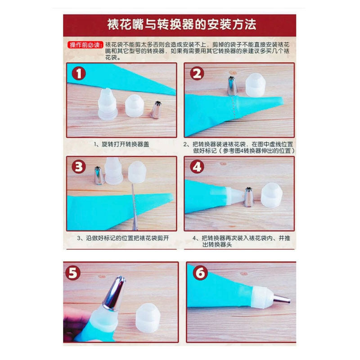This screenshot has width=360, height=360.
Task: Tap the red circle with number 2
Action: [197, 74]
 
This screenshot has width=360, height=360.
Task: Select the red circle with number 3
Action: [78, 167]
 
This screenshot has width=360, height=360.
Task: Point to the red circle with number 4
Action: [197, 167]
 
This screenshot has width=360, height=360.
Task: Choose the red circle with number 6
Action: [200, 273]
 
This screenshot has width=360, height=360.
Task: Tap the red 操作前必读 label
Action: [85, 45]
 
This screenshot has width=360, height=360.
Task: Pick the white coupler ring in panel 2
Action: [255, 85]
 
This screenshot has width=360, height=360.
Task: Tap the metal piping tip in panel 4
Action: [248, 197]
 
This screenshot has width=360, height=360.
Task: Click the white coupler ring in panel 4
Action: [271, 195]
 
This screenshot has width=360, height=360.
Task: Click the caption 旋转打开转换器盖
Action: [122, 144]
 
